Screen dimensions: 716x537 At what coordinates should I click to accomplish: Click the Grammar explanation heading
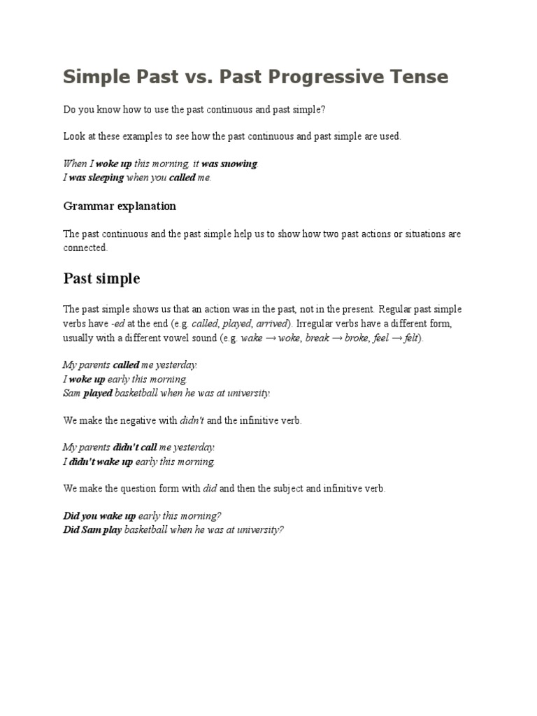pyautogui.click(x=120, y=206)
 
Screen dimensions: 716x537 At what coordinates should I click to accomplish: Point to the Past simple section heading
pyautogui.click(x=101, y=278)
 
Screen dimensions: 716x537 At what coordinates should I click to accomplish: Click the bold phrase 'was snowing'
pyautogui.click(x=229, y=164)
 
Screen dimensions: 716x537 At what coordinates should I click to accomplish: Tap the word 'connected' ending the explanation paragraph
pyautogui.click(x=85, y=248)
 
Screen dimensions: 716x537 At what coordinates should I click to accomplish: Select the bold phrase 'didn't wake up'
pyautogui.click(x=101, y=461)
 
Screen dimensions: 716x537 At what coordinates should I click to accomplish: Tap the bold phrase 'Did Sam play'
pyautogui.click(x=92, y=529)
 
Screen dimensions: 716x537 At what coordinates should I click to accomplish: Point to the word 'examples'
pyautogui.click(x=144, y=137)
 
